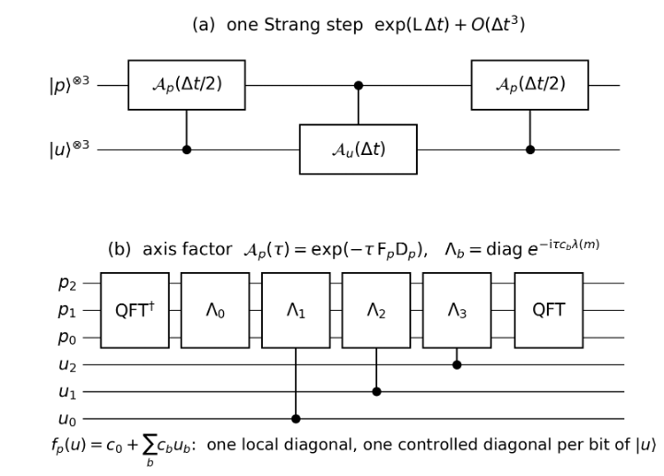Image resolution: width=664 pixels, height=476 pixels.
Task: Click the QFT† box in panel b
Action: tap(135, 311)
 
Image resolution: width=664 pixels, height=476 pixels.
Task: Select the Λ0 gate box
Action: tap(215, 311)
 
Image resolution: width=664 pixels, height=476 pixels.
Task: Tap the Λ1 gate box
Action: tap(296, 311)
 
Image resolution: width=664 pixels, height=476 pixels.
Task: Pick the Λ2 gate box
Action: tap(376, 311)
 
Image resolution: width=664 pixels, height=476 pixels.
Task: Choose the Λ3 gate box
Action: tap(456, 311)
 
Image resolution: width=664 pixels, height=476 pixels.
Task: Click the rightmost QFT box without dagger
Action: tap(549, 311)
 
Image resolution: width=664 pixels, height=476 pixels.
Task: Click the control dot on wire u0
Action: tap(296, 419)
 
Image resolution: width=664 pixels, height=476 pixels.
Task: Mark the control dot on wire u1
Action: tap(376, 392)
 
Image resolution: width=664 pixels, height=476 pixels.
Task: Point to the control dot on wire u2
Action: tap(456, 364)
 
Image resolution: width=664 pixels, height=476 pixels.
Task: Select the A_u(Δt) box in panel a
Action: tap(358, 149)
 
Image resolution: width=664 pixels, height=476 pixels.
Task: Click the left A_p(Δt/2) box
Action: tap(186, 85)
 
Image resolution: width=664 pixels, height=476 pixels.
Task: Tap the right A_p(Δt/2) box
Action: tap(529, 85)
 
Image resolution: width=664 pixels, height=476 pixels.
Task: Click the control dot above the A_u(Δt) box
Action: tap(358, 86)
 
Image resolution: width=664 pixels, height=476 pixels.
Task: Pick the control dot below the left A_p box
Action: tap(186, 149)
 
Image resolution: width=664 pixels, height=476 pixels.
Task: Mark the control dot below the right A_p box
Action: tap(529, 149)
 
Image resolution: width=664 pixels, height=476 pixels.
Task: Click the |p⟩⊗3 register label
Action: tap(69, 84)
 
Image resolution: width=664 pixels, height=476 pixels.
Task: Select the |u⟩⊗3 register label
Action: tap(69, 149)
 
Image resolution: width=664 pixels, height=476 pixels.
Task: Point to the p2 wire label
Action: tap(67, 283)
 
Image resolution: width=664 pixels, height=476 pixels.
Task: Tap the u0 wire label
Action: tap(67, 419)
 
